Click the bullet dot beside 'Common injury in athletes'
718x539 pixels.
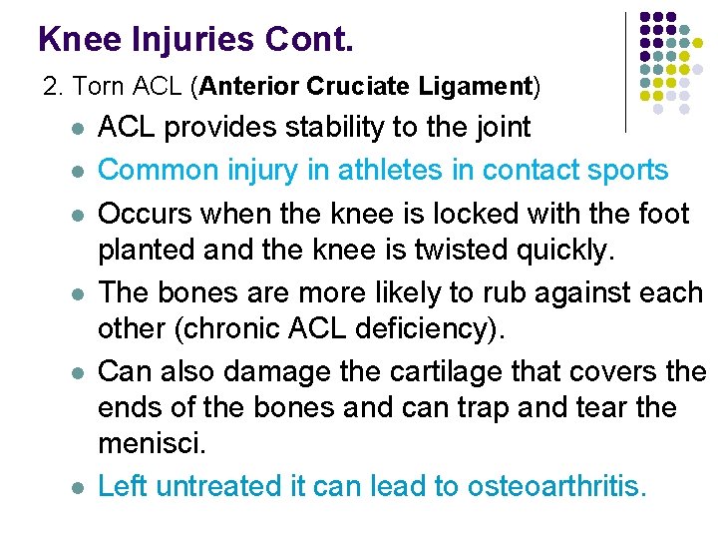coord(77,172)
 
